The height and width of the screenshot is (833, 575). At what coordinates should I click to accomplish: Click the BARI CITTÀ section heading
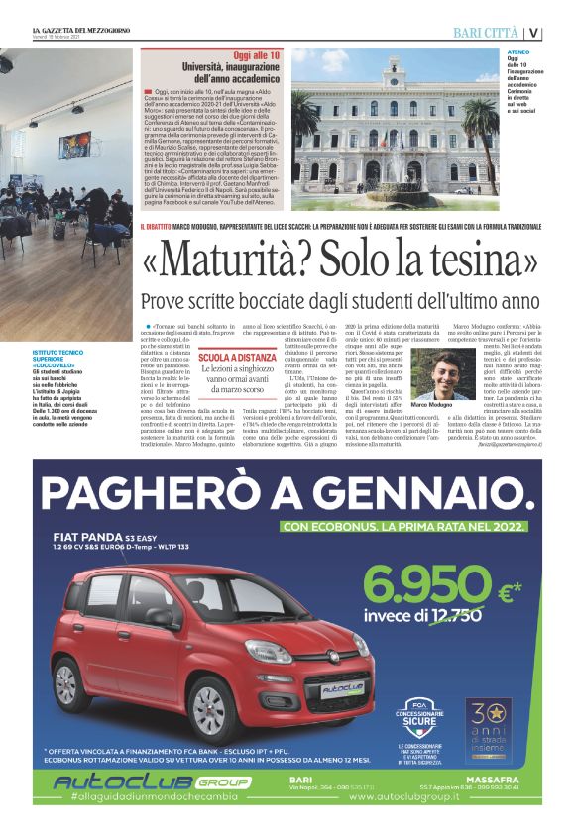click(x=485, y=33)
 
